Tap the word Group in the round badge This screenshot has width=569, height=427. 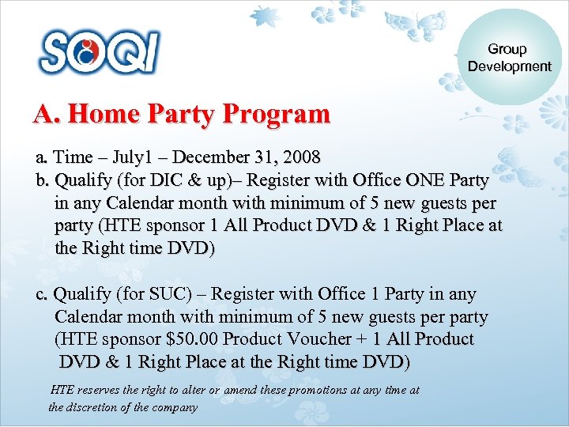click(x=507, y=50)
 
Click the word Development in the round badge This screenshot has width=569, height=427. click(x=509, y=66)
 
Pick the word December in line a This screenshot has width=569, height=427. click(x=206, y=157)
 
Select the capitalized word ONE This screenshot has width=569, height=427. click(x=406, y=179)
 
